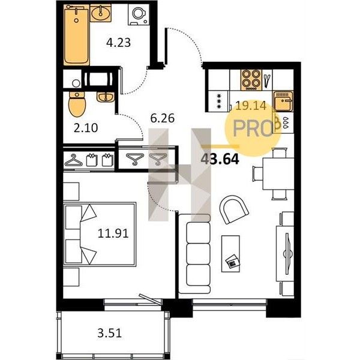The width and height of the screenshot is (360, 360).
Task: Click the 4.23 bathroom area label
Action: [118, 43]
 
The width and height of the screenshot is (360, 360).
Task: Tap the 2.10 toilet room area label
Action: [86, 128]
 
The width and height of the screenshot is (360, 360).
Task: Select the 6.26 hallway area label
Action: [163, 118]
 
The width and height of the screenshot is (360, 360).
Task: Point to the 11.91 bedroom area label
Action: [113, 233]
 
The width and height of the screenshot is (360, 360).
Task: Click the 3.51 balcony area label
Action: [110, 333]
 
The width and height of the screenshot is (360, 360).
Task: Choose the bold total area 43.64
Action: [220, 159]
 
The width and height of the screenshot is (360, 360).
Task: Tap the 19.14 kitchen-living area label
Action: [251, 106]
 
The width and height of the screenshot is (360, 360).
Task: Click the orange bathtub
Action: [76, 35]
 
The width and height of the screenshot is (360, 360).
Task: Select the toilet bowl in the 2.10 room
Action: [77, 104]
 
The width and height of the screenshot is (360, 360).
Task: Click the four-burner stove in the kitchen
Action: [251, 80]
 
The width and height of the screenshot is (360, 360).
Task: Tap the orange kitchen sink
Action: [283, 101]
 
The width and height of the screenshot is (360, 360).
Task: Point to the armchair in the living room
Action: [233, 209]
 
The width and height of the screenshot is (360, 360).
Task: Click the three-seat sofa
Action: [194, 254]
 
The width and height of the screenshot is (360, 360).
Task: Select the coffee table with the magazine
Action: [230, 254]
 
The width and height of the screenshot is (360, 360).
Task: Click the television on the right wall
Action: [287, 253]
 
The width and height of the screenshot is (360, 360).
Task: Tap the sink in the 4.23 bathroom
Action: [100, 13]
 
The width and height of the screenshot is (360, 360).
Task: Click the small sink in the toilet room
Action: [106, 97]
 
